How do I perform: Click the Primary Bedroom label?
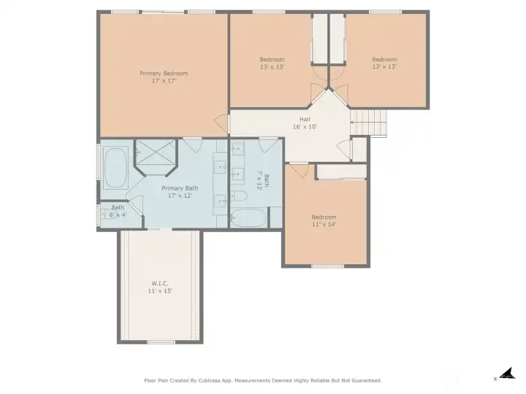point(164,74)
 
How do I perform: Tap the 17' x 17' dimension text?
point(164,81)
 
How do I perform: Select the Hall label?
point(305,119)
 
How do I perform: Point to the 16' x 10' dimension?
point(305,127)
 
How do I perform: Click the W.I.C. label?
point(160,283)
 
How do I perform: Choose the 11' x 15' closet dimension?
point(160,291)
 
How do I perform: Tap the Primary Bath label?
point(180,188)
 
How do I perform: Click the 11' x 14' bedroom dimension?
point(324,224)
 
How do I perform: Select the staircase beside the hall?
point(368,123)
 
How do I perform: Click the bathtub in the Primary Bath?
point(115,168)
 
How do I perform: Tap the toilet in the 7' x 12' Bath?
point(239,196)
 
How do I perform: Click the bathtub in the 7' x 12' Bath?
point(248,217)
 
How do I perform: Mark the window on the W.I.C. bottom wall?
point(161,342)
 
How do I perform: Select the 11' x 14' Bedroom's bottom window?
point(327,266)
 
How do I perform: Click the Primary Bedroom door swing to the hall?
point(221,123)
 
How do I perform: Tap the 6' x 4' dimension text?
point(118,215)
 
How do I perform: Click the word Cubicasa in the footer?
point(210,381)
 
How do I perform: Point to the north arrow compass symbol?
point(506,374)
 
